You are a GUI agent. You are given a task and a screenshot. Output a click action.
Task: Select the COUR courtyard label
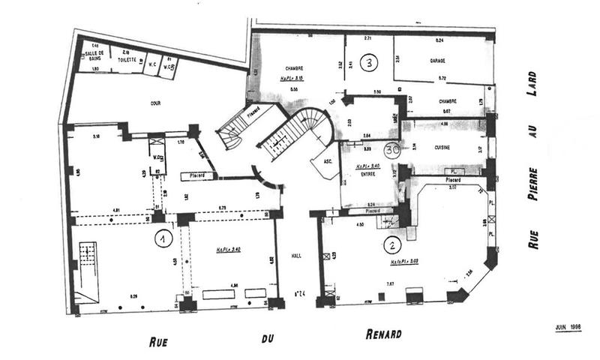point(155,103)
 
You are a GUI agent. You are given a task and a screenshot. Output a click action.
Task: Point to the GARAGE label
point(439,60)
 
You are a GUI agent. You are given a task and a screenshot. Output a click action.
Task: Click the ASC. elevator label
point(328,161)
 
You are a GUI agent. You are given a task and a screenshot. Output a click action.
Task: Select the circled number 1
point(160,239)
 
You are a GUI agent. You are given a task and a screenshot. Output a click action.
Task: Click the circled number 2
point(390,244)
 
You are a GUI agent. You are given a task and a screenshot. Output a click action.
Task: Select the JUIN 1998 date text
point(569,327)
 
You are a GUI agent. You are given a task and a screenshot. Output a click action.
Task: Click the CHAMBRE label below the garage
point(448,102)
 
